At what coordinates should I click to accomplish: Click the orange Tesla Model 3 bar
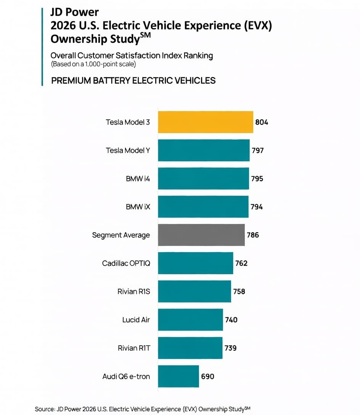click(x=206, y=122)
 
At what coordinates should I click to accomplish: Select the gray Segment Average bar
click(x=201, y=235)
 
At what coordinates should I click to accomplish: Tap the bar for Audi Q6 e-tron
click(x=179, y=376)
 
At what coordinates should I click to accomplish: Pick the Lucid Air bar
click(x=191, y=320)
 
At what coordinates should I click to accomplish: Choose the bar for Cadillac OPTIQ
click(x=196, y=263)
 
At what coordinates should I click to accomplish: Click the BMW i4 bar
click(x=204, y=179)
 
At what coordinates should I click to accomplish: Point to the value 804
click(x=262, y=122)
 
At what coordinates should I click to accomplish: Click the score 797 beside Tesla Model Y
click(x=258, y=151)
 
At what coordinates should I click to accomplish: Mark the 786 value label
click(x=253, y=235)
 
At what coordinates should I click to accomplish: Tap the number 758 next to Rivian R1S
click(x=239, y=292)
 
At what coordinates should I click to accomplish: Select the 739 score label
click(x=231, y=348)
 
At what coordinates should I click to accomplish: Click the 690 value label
click(x=207, y=376)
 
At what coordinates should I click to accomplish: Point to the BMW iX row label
click(x=138, y=207)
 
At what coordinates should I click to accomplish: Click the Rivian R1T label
click(x=134, y=348)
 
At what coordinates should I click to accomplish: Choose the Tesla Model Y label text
click(x=128, y=150)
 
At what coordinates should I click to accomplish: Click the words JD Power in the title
click(x=75, y=12)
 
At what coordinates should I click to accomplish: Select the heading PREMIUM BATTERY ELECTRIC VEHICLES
click(x=133, y=80)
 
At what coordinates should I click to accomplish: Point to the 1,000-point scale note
click(x=93, y=64)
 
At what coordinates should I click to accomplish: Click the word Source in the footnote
click(x=45, y=409)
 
